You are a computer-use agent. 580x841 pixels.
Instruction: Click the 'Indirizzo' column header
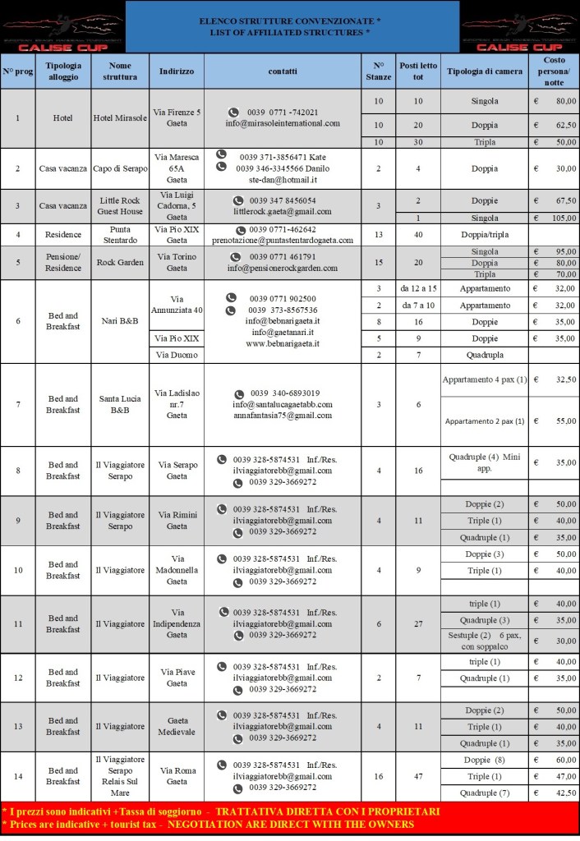coord(177,71)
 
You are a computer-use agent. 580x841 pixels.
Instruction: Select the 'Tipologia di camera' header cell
coord(484,71)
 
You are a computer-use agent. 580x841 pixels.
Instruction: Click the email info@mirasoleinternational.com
coord(283,123)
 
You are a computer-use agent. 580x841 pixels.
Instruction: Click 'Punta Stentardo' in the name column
coord(120,235)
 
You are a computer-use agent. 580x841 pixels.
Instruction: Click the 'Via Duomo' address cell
coord(177,354)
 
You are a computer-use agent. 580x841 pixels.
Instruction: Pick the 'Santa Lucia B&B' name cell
coord(120,405)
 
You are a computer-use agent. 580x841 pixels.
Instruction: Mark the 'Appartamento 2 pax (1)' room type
coord(484,421)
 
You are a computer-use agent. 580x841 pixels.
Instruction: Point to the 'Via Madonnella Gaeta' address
coord(177,570)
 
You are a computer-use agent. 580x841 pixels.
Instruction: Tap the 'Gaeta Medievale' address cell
coord(177,726)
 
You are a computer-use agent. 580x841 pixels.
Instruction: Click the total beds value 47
coord(418,776)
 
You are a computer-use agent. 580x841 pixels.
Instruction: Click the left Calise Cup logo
coord(62,27)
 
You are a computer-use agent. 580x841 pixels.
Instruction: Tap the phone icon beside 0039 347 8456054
coord(237,200)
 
